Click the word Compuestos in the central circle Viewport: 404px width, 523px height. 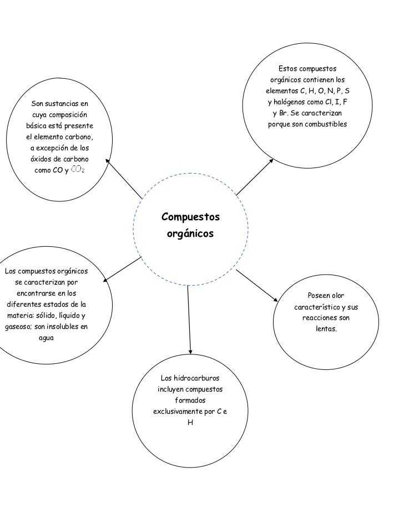(x=190, y=216)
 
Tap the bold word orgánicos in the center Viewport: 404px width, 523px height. (x=190, y=234)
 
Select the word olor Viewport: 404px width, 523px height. (x=334, y=296)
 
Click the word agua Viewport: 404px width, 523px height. (x=46, y=338)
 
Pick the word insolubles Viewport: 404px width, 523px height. (x=54, y=327)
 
